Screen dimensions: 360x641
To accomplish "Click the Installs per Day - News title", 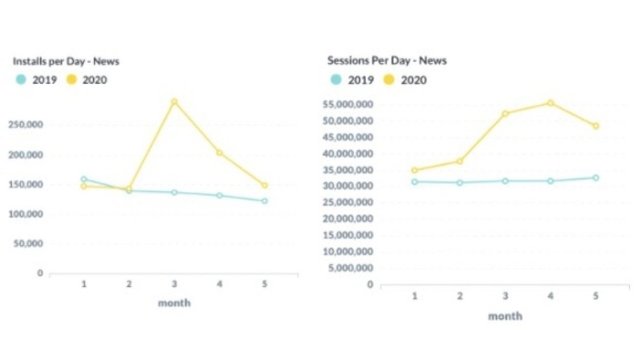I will (66, 61).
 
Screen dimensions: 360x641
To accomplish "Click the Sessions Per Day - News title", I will (387, 61).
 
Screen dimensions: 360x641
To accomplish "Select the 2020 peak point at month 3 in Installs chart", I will (174, 102).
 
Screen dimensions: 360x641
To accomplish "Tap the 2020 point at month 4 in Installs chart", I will (219, 153).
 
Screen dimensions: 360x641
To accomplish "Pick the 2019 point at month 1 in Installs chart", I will (84, 179).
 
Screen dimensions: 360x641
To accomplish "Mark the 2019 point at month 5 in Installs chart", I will (265, 201).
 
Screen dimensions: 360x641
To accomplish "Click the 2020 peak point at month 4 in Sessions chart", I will (550, 103).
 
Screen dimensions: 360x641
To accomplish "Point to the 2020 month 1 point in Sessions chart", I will (414, 170).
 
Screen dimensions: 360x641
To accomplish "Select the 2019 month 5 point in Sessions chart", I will (596, 178).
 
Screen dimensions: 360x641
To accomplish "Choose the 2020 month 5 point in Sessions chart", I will (596, 126).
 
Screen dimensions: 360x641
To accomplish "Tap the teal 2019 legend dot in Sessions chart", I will (336, 80).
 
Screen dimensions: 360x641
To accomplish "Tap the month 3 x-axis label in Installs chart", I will (174, 284).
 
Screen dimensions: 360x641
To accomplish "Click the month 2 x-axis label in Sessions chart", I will (460, 296).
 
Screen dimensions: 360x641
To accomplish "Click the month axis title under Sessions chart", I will (505, 316).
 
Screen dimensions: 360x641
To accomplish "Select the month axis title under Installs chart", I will (174, 303).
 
